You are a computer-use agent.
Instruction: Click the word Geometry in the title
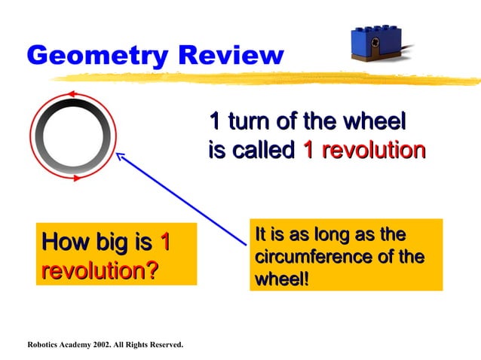click(x=94, y=55)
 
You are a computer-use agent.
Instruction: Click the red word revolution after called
click(x=364, y=151)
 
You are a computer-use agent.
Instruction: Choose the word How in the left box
click(x=67, y=243)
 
